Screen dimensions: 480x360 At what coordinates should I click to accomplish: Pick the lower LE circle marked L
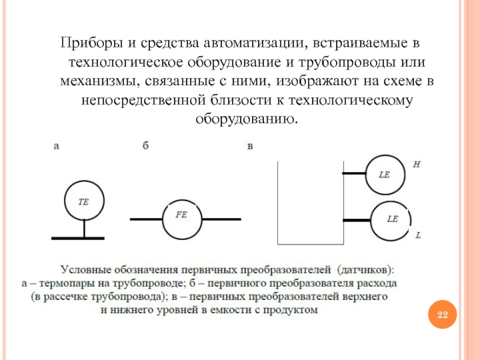[x=391, y=220]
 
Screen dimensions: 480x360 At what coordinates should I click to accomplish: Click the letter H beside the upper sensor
[x=416, y=164]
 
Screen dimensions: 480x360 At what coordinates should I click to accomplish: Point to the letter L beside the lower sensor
[x=418, y=236]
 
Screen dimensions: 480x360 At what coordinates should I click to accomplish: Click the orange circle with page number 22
[x=442, y=315]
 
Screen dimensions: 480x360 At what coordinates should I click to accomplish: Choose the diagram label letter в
[x=250, y=146]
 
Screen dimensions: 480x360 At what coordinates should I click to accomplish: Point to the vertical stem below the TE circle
[x=84, y=229]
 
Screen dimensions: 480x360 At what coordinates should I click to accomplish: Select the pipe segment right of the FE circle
[x=221, y=220]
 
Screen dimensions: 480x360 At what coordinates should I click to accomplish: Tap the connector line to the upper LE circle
[x=354, y=174]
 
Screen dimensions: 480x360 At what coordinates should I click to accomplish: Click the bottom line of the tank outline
[x=310, y=245]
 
